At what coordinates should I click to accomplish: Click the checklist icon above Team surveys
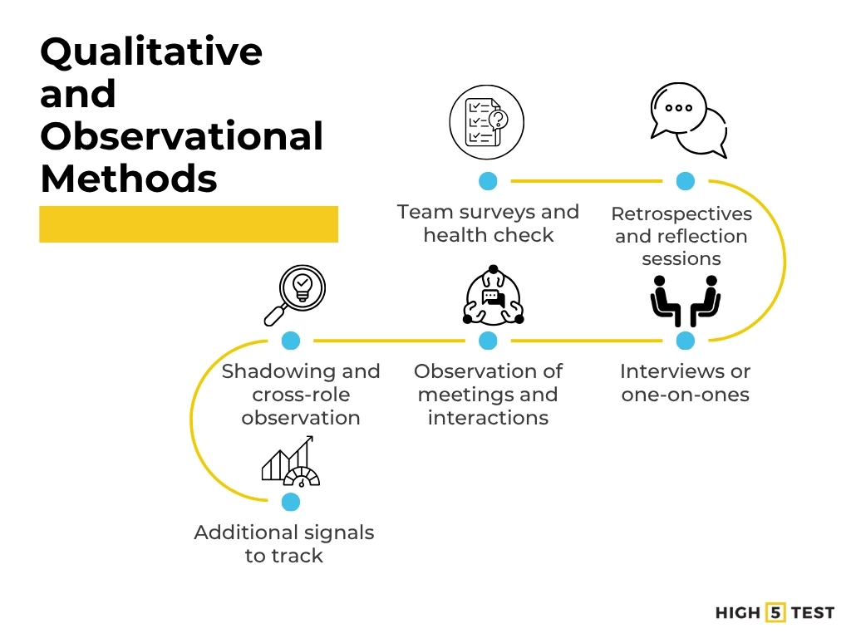(x=486, y=123)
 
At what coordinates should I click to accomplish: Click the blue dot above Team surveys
(x=488, y=181)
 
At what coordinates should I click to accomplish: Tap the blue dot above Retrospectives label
(x=685, y=181)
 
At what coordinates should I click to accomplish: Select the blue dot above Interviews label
(x=685, y=341)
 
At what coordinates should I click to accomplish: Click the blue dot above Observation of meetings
(x=488, y=341)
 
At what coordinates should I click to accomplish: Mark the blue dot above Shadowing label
(x=290, y=341)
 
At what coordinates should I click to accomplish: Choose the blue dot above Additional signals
(x=290, y=502)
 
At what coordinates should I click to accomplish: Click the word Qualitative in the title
(x=151, y=52)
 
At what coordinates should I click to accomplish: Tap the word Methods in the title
(x=129, y=178)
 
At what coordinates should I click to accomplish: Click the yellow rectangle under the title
(x=189, y=224)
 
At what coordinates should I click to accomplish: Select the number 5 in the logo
(x=775, y=612)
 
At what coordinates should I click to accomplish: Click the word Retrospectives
(x=681, y=213)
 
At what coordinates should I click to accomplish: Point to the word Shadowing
(x=273, y=371)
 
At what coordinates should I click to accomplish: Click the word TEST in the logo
(x=812, y=612)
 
